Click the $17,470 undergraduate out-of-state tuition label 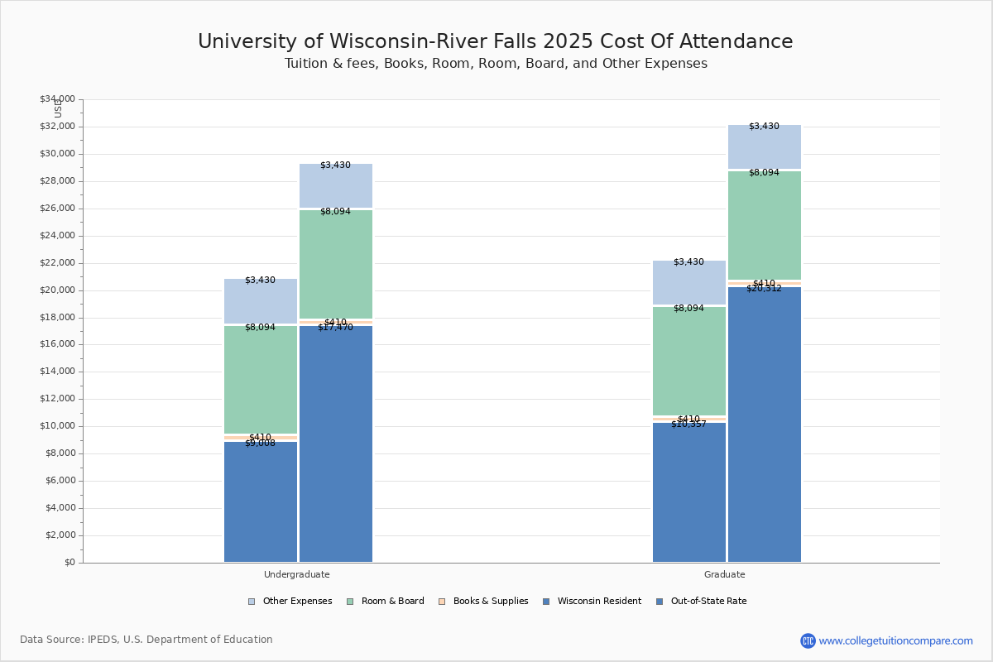335,328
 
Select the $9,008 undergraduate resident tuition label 260,444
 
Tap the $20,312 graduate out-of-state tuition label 764,289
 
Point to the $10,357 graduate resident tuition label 688,425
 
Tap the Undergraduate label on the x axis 296,574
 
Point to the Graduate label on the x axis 724,574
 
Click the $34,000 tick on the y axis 57,99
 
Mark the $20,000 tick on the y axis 57,290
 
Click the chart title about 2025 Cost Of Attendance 495,42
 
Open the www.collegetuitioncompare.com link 895,640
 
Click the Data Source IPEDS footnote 146,640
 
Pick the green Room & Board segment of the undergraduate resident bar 260,379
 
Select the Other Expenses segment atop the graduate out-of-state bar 764,146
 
